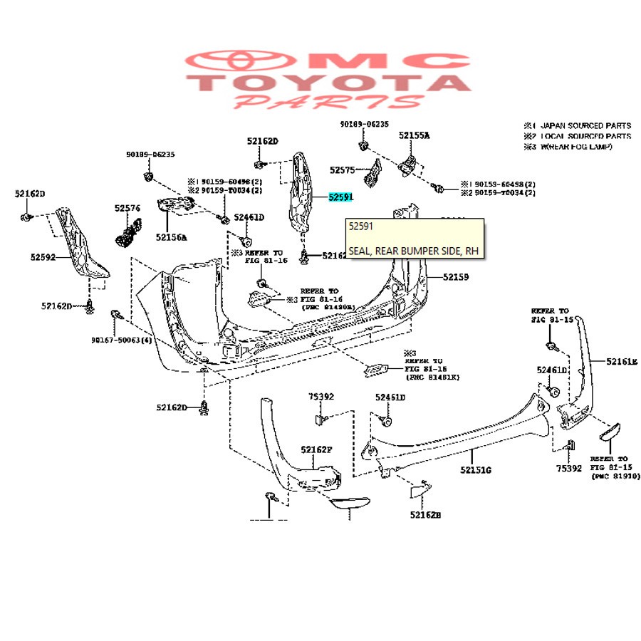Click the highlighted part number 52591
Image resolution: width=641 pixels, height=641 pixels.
(340, 197)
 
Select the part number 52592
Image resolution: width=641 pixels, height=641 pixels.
(43, 257)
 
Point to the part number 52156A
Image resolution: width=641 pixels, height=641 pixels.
(172, 237)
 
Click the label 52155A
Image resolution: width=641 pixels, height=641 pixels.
(414, 135)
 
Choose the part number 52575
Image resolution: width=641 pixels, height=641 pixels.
(343, 170)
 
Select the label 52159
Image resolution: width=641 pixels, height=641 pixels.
(456, 276)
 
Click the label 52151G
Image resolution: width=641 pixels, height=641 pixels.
(476, 470)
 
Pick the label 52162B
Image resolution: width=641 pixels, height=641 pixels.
(425, 514)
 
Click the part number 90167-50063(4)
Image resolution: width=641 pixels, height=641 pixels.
(121, 340)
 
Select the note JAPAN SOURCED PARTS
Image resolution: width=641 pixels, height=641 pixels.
(585, 125)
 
